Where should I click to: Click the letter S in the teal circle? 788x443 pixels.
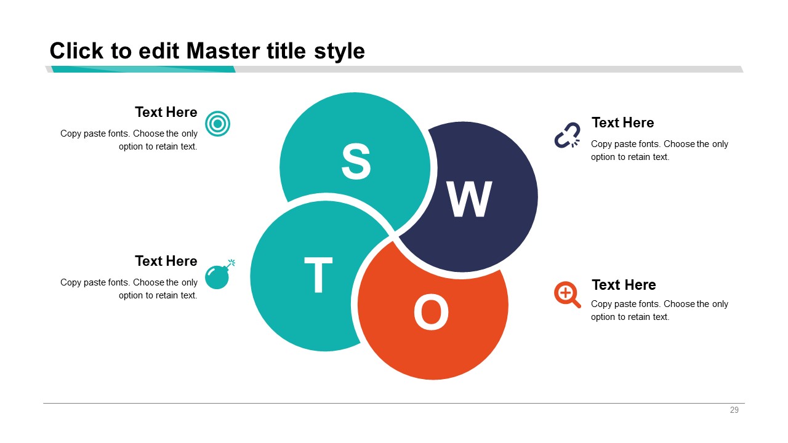[356, 161]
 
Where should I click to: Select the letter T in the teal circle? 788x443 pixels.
[318, 274]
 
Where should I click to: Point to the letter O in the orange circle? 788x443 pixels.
[431, 312]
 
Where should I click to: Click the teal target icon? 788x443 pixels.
[217, 124]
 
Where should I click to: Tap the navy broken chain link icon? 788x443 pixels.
[567, 135]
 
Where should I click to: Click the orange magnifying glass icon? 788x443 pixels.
[567, 295]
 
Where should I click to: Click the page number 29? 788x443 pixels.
[734, 410]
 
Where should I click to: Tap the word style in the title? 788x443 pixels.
[339, 52]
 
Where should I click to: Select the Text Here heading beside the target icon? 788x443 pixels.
[166, 112]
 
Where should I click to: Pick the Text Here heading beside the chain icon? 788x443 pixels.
[622, 122]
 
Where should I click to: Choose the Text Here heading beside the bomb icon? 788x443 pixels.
[166, 261]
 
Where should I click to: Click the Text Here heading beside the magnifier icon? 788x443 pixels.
[624, 285]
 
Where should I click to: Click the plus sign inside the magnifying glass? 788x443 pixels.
[565, 292]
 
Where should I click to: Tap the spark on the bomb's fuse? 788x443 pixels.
[232, 262]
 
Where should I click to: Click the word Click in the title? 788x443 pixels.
[77, 51]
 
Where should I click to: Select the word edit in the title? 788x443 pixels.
[159, 51]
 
